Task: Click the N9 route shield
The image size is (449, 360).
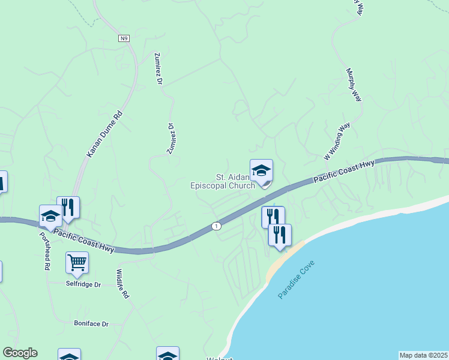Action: pyautogui.click(x=124, y=38)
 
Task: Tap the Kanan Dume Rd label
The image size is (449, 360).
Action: pyautogui.click(x=104, y=134)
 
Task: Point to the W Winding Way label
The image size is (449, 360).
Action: pyautogui.click(x=337, y=142)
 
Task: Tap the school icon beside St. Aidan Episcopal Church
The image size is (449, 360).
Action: pyautogui.click(x=261, y=171)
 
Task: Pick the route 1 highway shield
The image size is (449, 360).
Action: pyautogui.click(x=216, y=226)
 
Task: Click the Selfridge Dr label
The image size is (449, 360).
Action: pyautogui.click(x=83, y=284)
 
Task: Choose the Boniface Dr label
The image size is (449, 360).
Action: pyautogui.click(x=91, y=324)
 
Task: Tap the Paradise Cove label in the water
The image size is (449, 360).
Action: pyautogui.click(x=297, y=280)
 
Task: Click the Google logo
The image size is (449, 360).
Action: pyautogui.click(x=20, y=353)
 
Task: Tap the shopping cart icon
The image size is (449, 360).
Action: pyautogui.click(x=77, y=262)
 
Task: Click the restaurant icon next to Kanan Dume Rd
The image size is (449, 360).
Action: pyautogui.click(x=68, y=208)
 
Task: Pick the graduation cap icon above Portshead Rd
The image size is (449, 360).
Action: pyautogui.click(x=50, y=215)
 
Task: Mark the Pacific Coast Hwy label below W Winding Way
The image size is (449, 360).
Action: pyautogui.click(x=344, y=171)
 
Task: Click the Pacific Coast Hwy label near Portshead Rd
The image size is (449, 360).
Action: pyautogui.click(x=84, y=239)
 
